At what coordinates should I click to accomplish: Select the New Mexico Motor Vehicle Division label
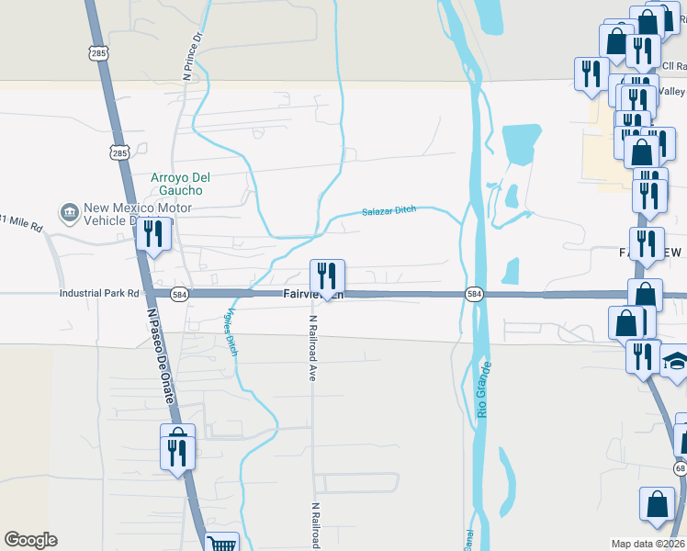point(137,214)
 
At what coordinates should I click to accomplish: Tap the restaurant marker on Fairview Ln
point(326,276)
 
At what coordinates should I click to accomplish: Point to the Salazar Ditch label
point(389,210)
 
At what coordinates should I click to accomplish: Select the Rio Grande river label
point(485,390)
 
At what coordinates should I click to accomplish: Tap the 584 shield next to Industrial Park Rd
point(180,294)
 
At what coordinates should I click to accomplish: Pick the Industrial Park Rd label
point(99,294)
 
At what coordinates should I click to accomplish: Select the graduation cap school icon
point(676,361)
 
